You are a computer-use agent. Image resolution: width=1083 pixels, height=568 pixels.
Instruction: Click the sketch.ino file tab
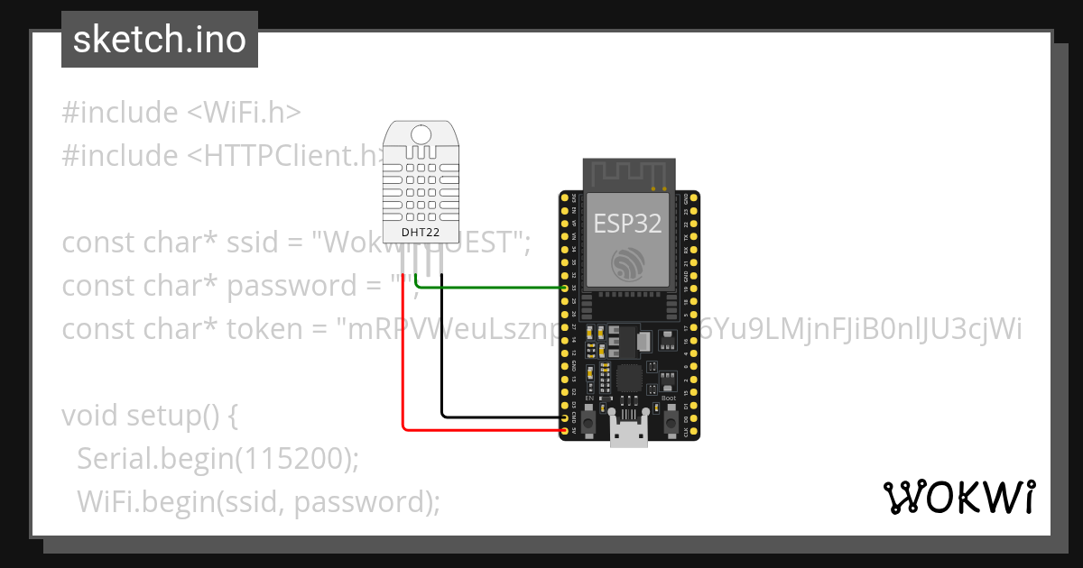coord(160,40)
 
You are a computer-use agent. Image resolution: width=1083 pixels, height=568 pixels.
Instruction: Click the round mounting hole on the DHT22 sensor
coord(421,134)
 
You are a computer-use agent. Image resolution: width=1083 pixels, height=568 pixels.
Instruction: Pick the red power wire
coord(403,361)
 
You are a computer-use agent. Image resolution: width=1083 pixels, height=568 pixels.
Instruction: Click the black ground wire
coord(442,361)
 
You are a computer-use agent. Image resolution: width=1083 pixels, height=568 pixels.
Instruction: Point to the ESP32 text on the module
coord(627,224)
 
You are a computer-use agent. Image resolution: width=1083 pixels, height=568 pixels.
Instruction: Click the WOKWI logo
coord(958,497)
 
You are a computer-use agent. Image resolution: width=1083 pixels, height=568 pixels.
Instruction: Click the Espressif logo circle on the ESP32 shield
coord(627,264)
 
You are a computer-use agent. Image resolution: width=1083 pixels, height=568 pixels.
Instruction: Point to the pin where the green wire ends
coord(565,288)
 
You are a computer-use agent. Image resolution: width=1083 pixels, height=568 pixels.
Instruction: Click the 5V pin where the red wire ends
coord(565,431)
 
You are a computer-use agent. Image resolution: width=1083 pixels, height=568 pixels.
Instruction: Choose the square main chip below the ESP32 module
coord(629,378)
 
